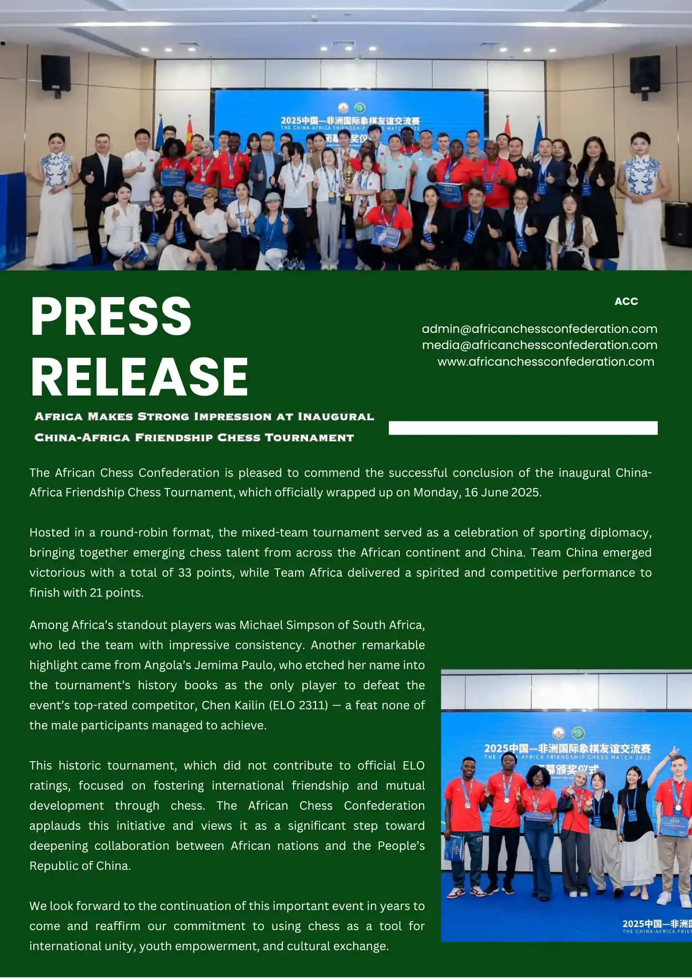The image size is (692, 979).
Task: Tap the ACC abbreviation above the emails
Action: tap(626, 302)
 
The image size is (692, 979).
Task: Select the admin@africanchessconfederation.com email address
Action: tap(539, 329)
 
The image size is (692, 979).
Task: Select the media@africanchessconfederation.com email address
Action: tap(539, 345)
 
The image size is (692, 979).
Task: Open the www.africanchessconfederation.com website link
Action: tap(545, 362)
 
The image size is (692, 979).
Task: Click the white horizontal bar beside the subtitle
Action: tap(523, 428)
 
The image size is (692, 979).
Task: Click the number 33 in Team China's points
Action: tap(185, 573)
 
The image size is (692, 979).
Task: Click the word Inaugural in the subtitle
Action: tap(336, 417)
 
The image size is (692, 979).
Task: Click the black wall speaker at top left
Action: tap(55, 73)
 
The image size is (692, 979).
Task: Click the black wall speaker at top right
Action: tap(645, 74)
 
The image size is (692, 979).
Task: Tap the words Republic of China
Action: tap(79, 866)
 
